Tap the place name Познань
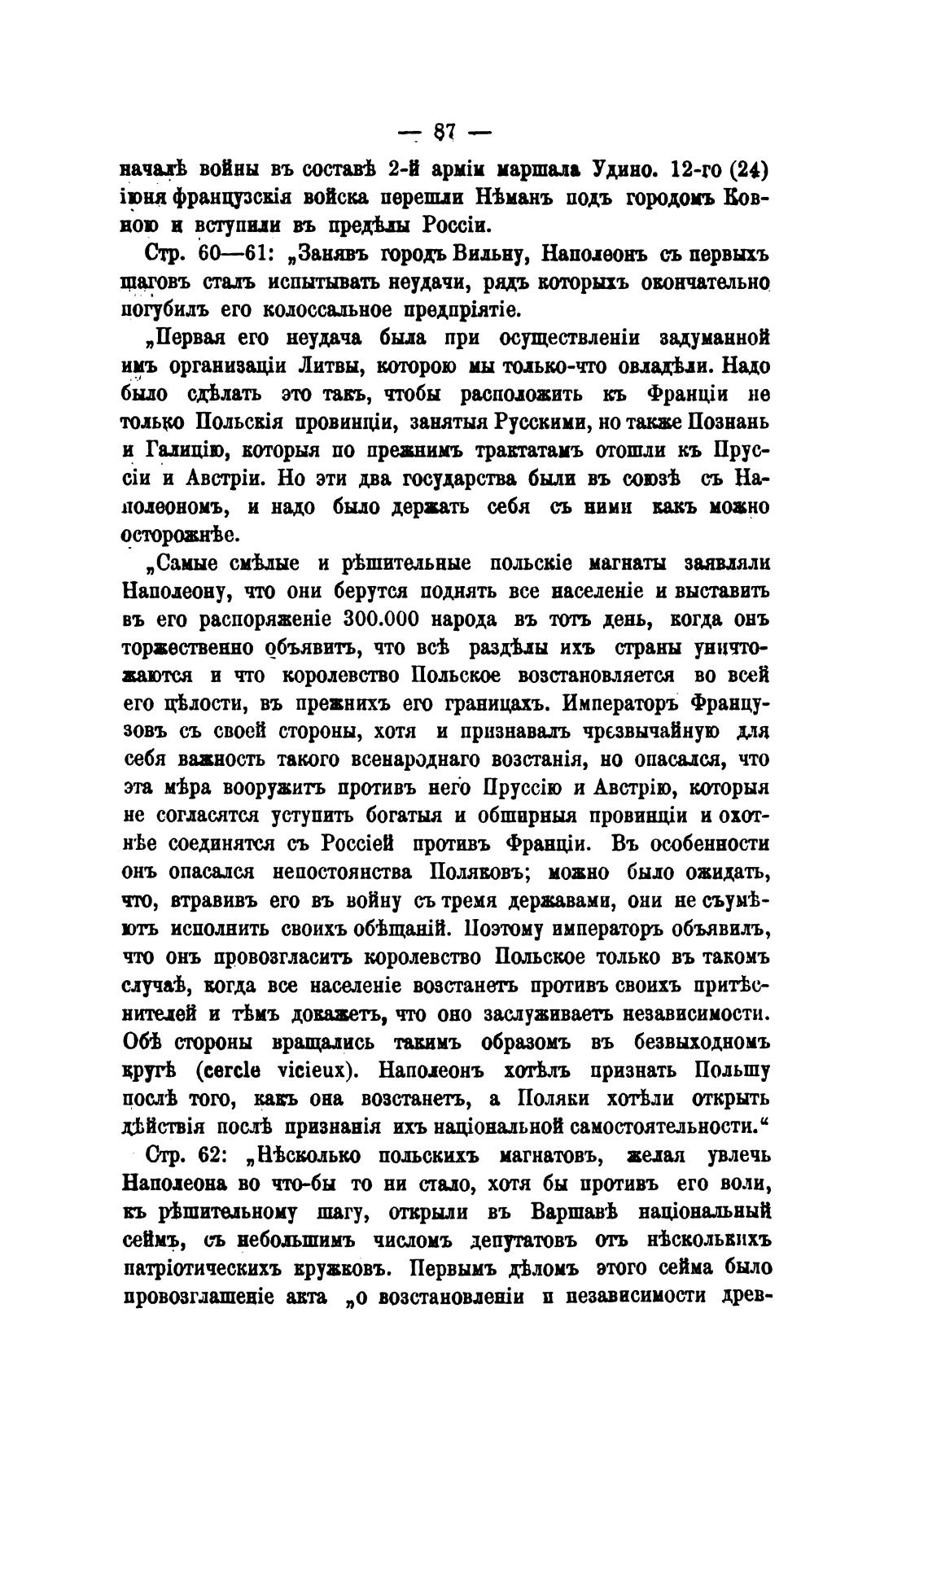click(x=729, y=422)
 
